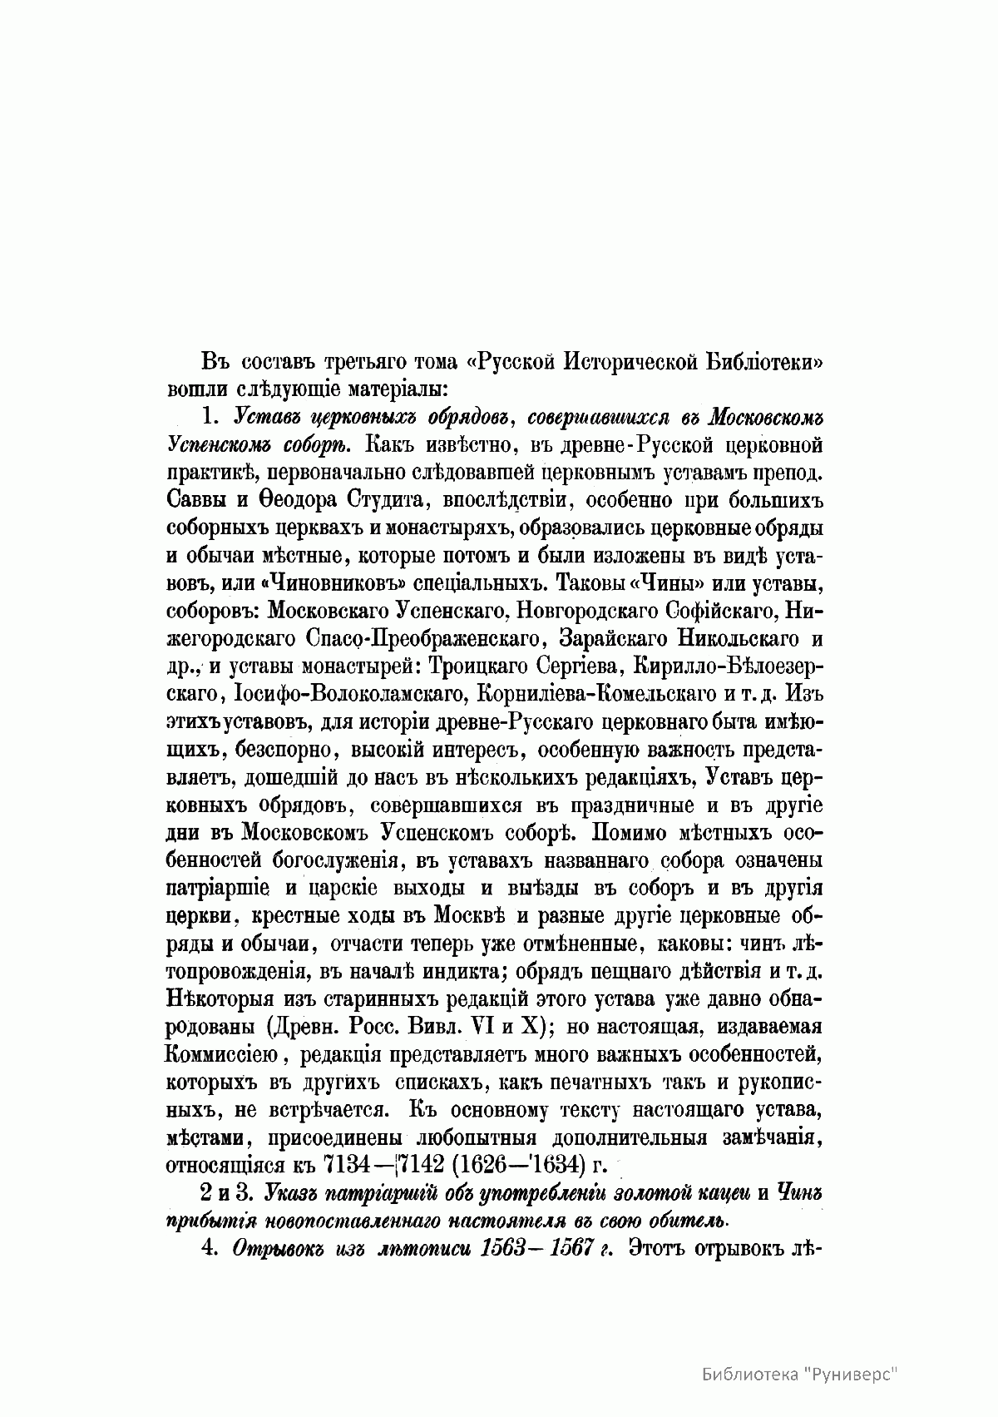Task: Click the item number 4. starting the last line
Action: point(209,1246)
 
